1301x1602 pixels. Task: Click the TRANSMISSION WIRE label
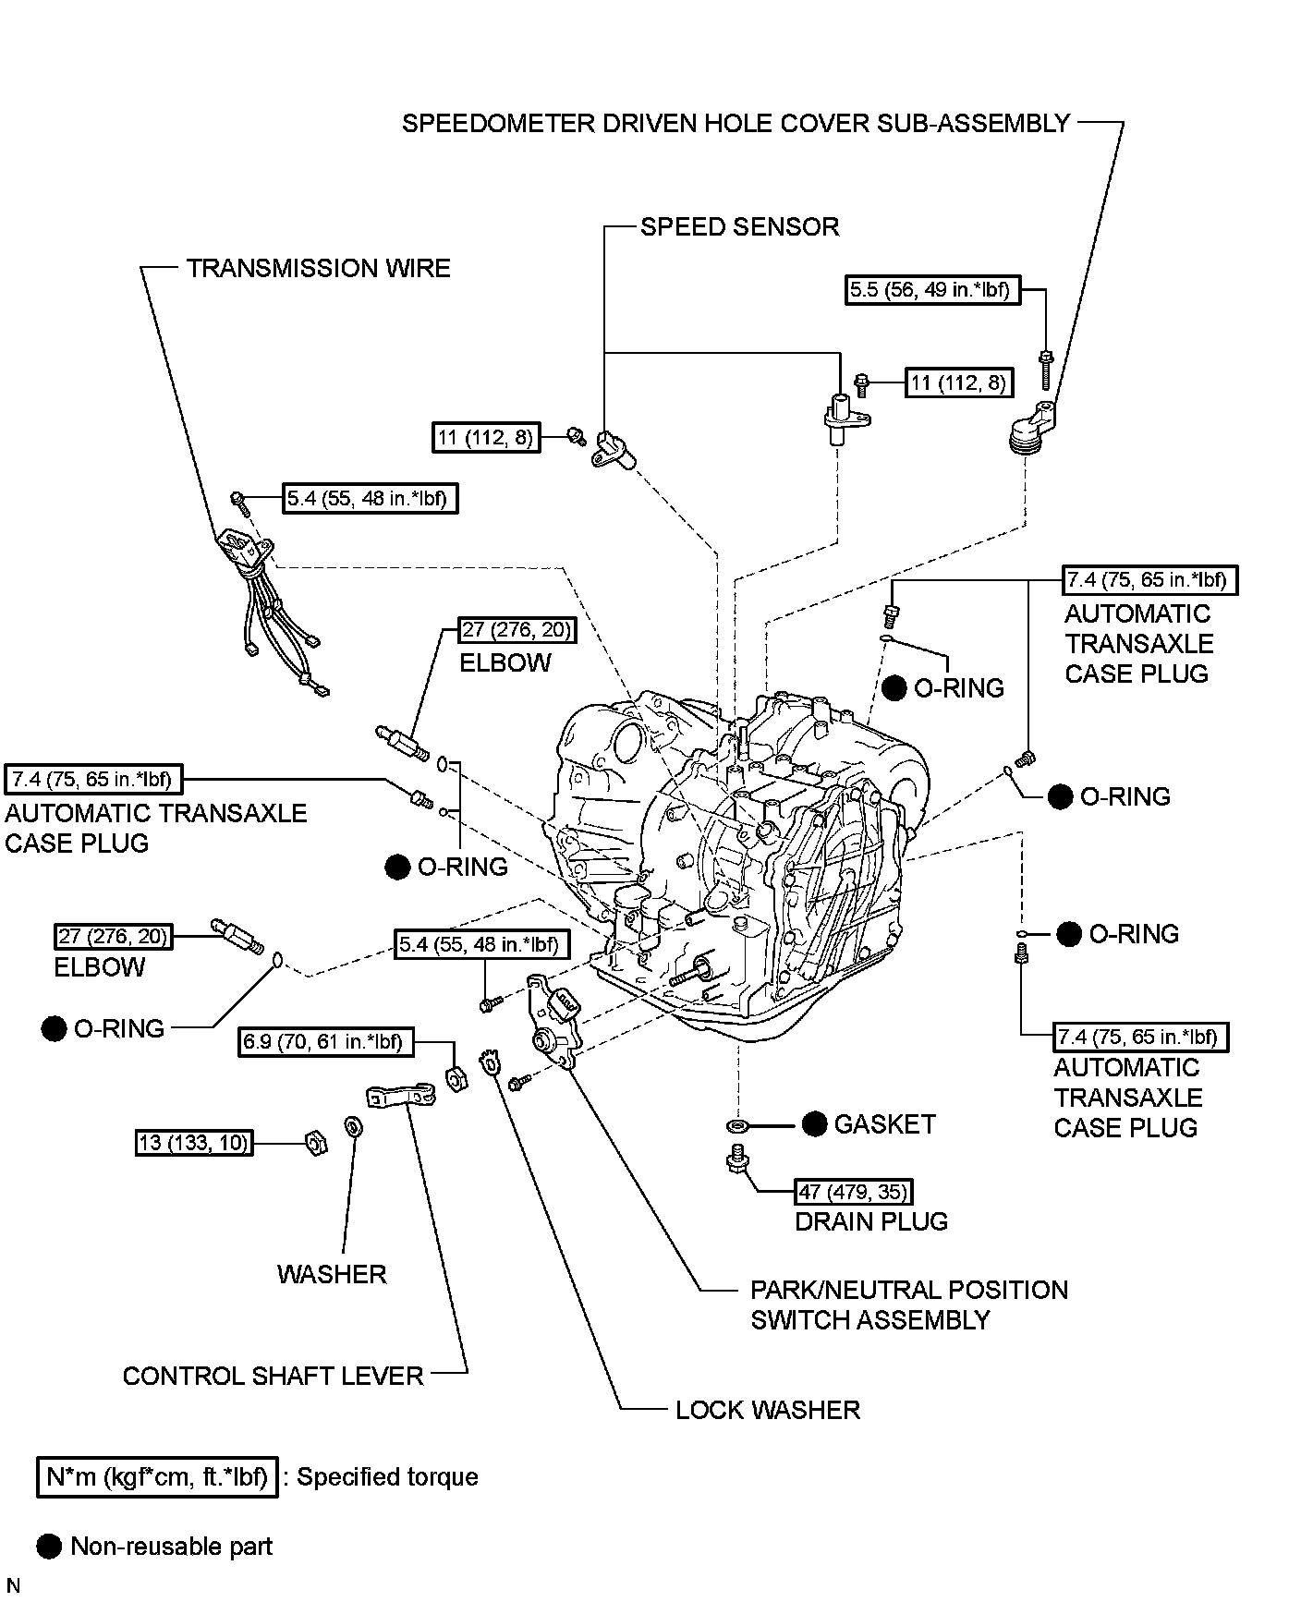point(318,269)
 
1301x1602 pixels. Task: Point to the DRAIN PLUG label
point(870,1221)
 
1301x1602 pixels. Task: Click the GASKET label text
point(884,1124)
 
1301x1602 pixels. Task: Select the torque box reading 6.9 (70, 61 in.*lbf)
point(325,1042)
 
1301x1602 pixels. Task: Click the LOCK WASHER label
point(767,1410)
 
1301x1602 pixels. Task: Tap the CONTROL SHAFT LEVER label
point(273,1376)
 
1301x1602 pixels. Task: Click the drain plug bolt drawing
point(736,1159)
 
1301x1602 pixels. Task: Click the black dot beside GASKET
point(814,1124)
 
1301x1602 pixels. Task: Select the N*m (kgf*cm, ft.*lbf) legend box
point(158,1476)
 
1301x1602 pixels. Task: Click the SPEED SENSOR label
point(739,227)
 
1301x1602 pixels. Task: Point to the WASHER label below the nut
point(331,1274)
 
